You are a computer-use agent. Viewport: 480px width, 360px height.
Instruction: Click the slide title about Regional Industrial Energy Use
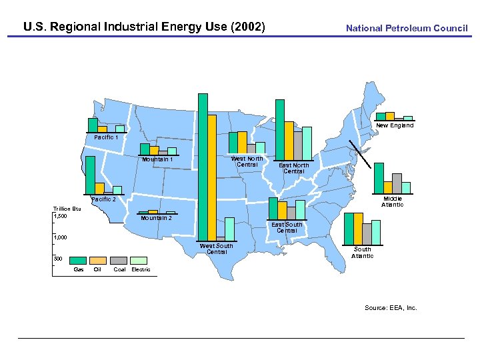144,27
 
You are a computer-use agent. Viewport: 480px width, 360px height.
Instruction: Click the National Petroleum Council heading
406,28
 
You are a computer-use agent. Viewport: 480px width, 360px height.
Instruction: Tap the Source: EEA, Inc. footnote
391,307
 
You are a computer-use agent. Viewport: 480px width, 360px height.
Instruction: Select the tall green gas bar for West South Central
203,166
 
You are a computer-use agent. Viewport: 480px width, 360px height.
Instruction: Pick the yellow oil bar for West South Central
212,177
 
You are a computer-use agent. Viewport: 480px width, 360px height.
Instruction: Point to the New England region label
394,125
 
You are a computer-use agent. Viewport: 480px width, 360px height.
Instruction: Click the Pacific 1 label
106,137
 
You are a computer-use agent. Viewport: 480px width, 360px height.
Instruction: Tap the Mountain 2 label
156,218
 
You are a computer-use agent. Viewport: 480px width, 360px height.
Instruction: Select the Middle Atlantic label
392,202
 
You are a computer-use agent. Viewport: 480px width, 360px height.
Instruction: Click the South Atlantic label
362,252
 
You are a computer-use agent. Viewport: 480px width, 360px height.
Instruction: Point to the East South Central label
287,227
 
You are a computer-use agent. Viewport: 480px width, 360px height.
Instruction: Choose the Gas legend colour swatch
79,260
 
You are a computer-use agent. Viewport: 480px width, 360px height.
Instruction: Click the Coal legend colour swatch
119,260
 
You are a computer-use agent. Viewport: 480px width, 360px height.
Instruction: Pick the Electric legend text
141,270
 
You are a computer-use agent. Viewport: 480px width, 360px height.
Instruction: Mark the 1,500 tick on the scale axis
60,216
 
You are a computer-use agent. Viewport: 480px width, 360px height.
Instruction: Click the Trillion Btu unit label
67,209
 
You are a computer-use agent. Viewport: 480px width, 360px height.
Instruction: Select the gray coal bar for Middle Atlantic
397,182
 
